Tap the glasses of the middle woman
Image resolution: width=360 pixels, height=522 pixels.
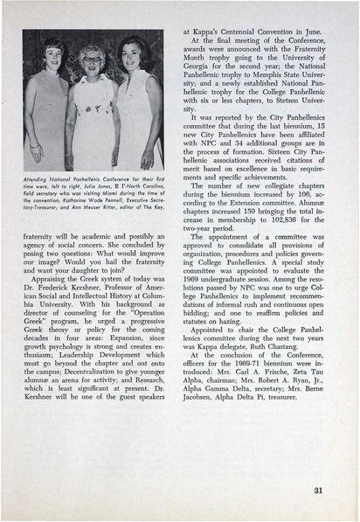(92, 59)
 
